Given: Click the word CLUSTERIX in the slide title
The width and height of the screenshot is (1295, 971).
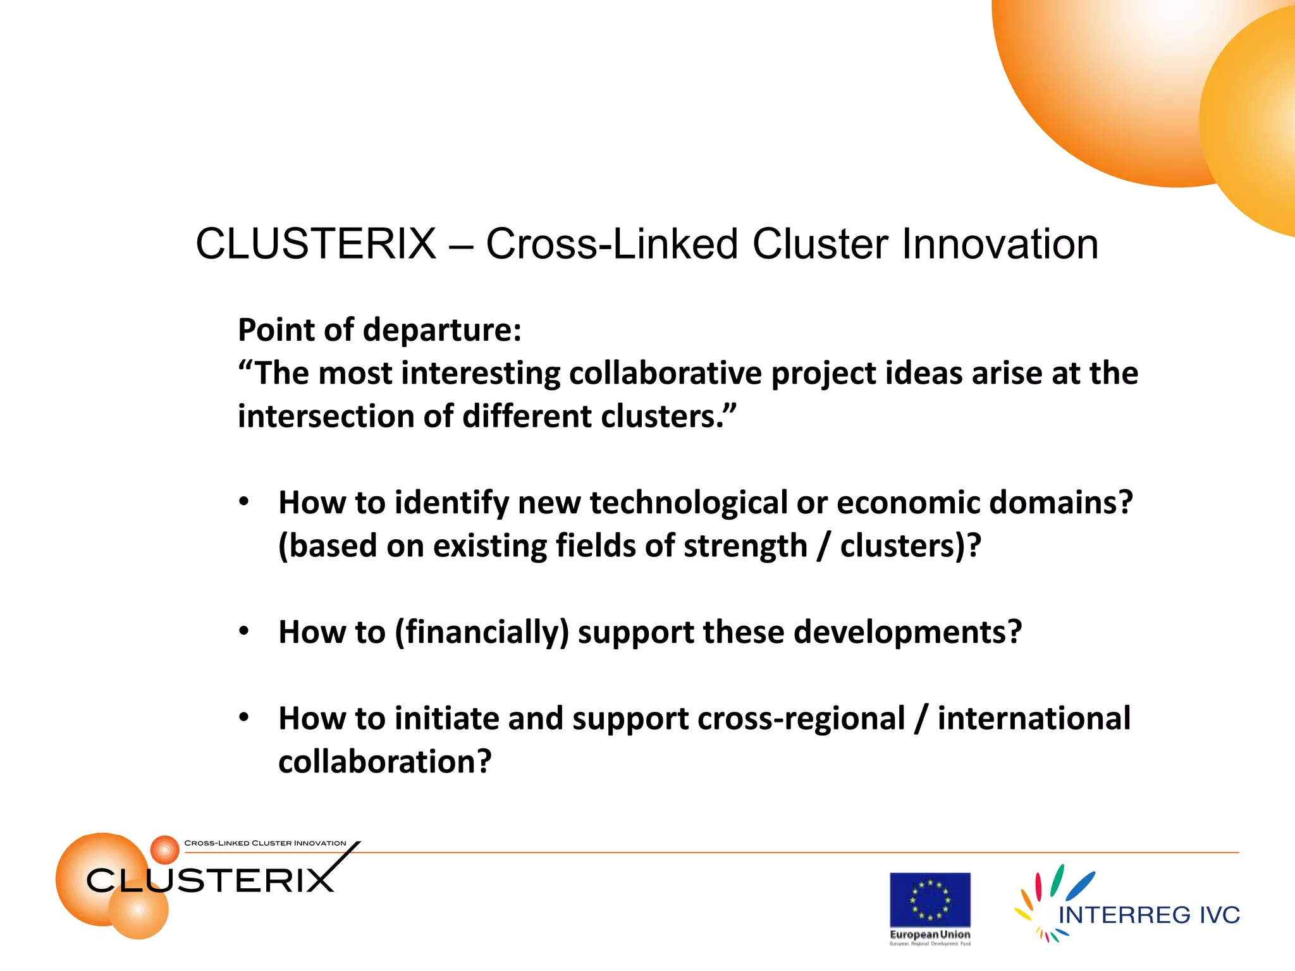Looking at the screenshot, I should coord(316,244).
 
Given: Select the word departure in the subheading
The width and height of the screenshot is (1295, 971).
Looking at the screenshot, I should coord(442,330).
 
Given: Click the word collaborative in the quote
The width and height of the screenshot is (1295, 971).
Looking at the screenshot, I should coord(665,373).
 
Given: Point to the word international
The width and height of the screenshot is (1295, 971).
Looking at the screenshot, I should coord(1034,719).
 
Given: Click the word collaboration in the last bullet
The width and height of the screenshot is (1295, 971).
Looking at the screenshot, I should coord(384,762).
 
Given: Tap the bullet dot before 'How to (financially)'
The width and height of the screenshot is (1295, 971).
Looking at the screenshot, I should coord(244,631).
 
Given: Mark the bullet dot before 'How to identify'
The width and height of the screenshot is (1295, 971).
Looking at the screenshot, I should coord(244,502).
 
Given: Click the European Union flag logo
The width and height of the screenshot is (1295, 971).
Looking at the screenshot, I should coord(930,900).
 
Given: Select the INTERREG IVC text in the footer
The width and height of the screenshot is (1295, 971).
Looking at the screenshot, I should coord(1148,915).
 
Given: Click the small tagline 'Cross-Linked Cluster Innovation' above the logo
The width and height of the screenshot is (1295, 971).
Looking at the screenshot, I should coord(265,843).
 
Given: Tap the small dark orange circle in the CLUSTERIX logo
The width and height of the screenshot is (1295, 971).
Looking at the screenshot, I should coord(165,850).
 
